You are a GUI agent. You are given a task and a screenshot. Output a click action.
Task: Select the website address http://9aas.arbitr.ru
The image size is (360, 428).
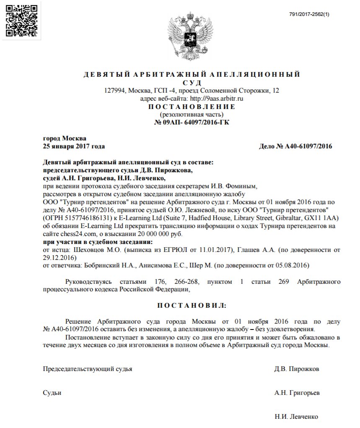217,99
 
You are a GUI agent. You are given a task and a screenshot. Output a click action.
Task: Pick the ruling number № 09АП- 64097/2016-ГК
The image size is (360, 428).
192,122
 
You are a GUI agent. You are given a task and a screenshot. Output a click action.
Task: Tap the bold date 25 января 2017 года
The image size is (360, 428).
74,146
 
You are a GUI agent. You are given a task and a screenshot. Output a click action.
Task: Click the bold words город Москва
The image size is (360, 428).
65,138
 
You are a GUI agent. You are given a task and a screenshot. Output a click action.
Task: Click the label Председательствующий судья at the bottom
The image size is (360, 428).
88,369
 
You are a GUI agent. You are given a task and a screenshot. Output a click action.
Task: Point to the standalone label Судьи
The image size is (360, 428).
52,393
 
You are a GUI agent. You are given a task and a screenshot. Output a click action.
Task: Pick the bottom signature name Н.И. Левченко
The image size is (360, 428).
296,417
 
